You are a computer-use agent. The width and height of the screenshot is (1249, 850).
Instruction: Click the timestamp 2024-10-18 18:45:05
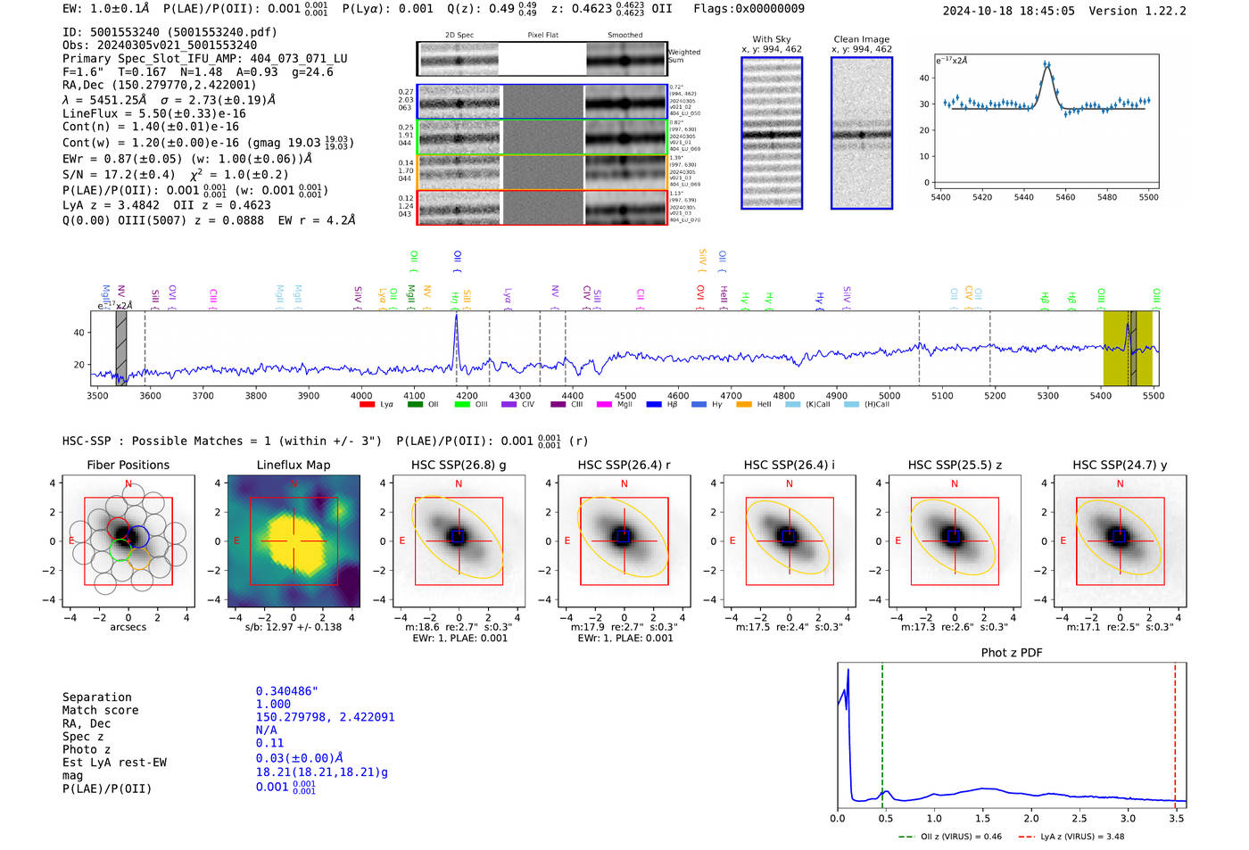tap(1008, 11)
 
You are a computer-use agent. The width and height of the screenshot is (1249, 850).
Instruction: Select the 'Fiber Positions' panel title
tap(128, 465)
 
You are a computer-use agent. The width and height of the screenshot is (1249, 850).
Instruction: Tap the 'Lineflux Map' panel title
tap(293, 465)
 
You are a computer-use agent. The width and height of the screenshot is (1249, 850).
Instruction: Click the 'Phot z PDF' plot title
tap(1012, 652)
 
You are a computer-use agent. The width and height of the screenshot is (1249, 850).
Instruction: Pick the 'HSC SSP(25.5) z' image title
tap(955, 465)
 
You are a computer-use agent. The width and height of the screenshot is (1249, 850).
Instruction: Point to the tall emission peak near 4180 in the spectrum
tap(456, 318)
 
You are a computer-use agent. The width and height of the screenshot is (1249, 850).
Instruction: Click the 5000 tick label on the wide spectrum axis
tap(889, 396)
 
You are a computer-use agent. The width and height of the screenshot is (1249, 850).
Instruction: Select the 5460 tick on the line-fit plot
tap(1065, 197)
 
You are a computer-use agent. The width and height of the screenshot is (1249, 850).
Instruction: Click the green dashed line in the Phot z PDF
tap(882, 731)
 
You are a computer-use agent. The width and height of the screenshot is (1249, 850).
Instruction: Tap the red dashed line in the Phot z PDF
tap(1175, 731)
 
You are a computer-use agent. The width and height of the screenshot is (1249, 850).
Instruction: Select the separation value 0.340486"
tap(286, 691)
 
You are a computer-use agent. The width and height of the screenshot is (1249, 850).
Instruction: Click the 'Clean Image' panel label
tap(861, 39)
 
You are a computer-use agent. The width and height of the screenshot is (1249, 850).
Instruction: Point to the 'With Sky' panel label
tap(771, 39)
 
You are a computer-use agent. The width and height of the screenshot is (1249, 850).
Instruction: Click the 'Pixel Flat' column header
tap(542, 36)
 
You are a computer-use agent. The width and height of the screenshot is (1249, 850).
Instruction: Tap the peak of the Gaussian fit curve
tap(1046, 64)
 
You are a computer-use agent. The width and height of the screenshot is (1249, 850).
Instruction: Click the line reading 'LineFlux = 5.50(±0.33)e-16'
tap(153, 113)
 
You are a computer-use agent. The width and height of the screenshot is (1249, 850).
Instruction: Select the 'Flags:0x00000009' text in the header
tap(749, 9)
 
